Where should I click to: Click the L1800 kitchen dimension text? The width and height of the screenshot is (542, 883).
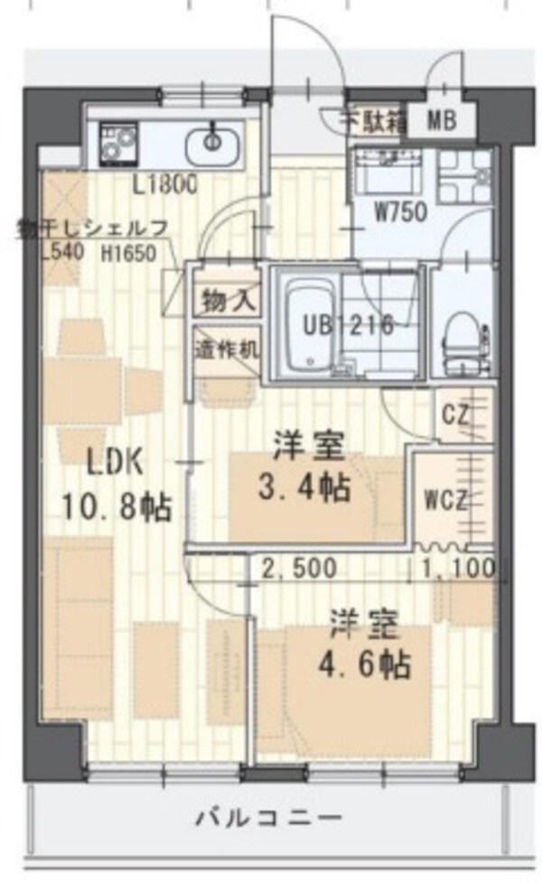(x=164, y=187)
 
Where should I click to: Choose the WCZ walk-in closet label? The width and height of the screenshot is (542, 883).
(x=444, y=501)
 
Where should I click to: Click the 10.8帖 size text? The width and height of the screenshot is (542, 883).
(x=117, y=507)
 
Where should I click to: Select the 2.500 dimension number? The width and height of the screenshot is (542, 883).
(x=300, y=568)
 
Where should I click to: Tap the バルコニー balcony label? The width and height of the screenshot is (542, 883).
(x=269, y=818)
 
